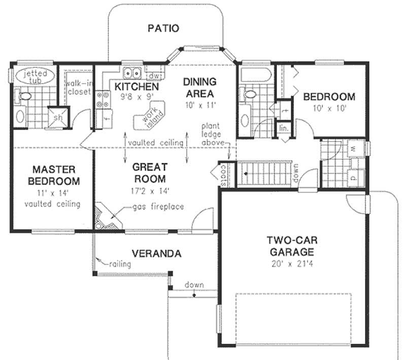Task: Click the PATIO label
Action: pos(163,28)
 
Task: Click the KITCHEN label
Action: pos(129,86)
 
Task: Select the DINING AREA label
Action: pos(199,87)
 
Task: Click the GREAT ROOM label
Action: pos(149,172)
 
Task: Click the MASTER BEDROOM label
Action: pos(53,174)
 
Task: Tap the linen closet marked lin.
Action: pos(283,128)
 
